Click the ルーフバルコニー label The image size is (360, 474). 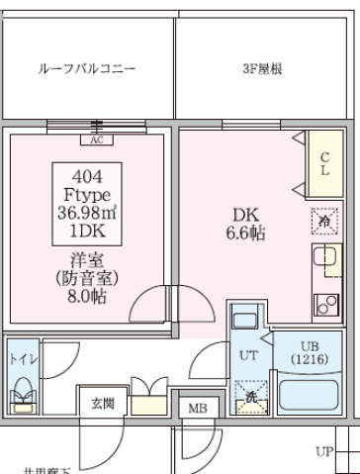pos(86,69)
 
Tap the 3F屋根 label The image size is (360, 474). pos(264,69)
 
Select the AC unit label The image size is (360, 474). pos(97,140)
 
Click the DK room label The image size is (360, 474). pos(243,215)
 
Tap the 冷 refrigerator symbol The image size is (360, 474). pos(323,222)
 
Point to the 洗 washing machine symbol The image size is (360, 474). pos(249,397)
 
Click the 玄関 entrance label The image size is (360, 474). pos(102,403)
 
